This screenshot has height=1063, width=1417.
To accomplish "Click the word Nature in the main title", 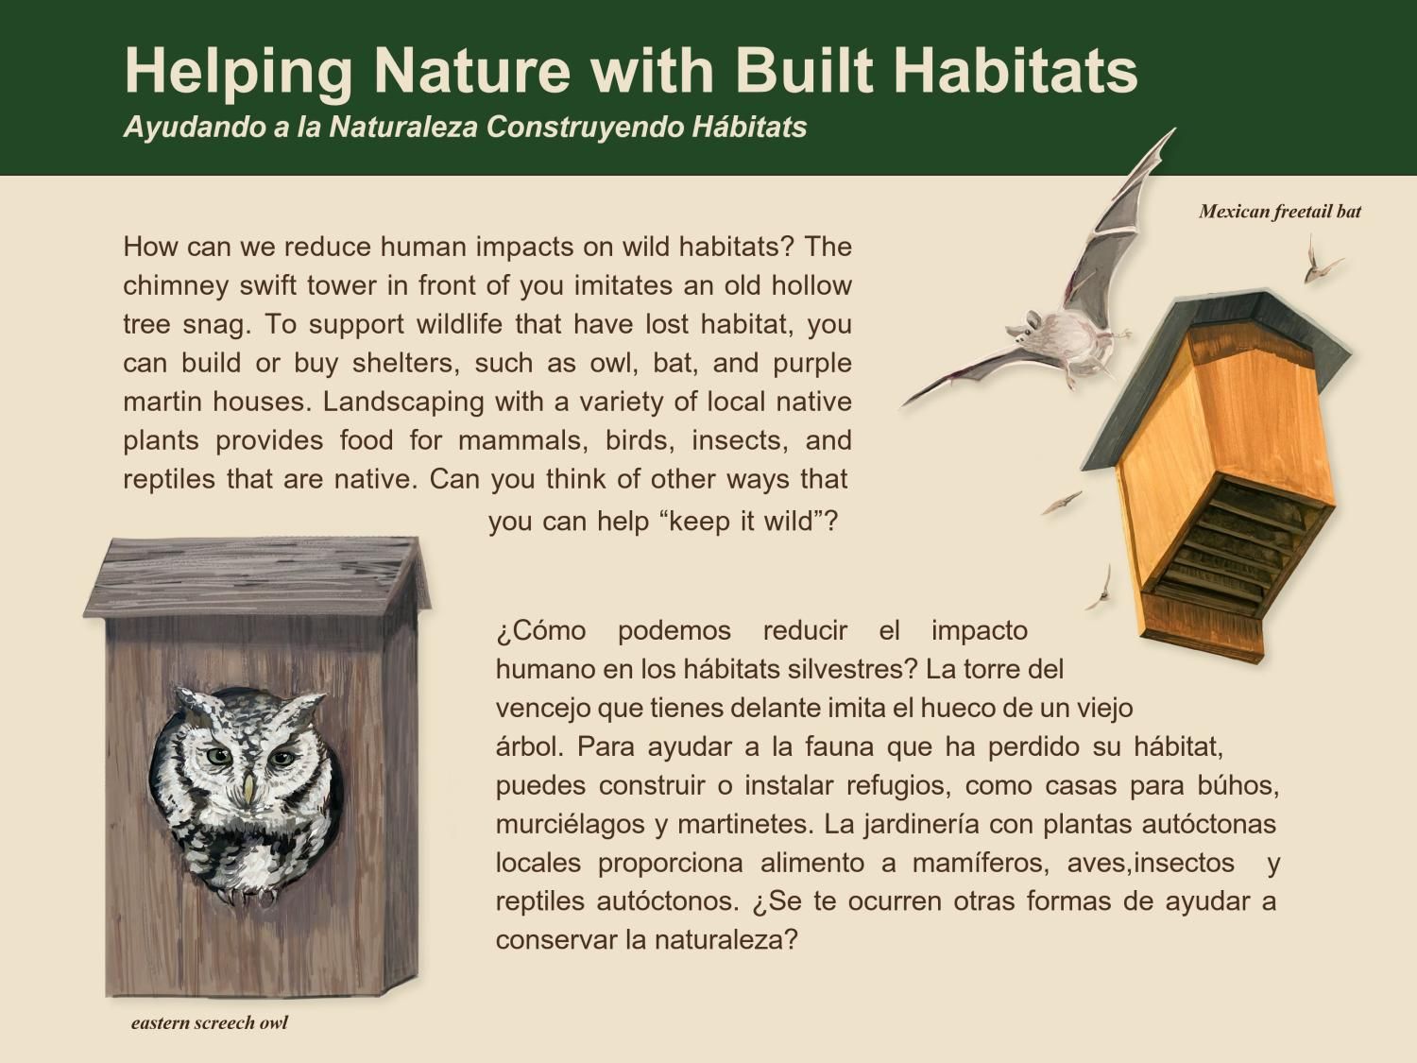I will [x=471, y=71].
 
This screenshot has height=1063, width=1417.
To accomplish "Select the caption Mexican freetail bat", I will [x=1279, y=212].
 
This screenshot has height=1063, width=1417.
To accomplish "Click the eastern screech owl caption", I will [x=209, y=1022].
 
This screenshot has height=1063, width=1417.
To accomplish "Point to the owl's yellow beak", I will [x=248, y=788].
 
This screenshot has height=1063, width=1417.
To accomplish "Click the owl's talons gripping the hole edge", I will [x=248, y=892].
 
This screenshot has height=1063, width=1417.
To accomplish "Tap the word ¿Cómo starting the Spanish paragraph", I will [x=540, y=630].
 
